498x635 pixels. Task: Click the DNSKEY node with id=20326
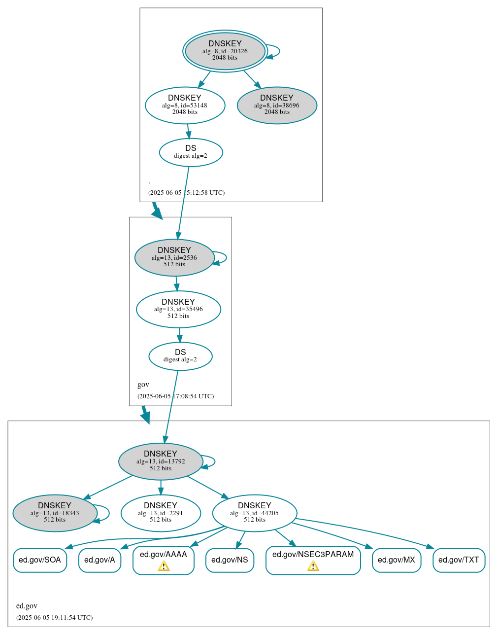[225, 51]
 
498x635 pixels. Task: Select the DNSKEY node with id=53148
[185, 105]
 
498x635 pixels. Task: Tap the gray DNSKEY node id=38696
[277, 105]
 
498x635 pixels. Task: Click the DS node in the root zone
[191, 152]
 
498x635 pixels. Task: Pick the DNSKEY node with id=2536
[174, 257]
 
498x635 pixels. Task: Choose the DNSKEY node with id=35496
[178, 309]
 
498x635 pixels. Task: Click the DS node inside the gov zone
[180, 356]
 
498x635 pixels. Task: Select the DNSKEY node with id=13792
[161, 461]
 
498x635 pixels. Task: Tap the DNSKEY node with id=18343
[55, 513]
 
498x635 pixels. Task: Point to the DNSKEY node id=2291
[161, 513]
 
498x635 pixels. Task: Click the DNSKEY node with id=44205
[255, 513]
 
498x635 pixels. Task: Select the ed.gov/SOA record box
[40, 560]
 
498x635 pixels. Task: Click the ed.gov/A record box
[100, 560]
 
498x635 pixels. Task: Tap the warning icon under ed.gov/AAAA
[164, 566]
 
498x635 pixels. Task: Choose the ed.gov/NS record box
[230, 560]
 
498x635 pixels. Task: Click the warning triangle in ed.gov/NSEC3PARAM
[313, 566]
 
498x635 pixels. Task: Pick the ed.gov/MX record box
[397, 560]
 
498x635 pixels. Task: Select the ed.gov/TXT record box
[459, 560]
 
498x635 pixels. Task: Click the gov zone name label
[143, 385]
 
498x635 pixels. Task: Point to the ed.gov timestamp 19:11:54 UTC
[55, 617]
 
